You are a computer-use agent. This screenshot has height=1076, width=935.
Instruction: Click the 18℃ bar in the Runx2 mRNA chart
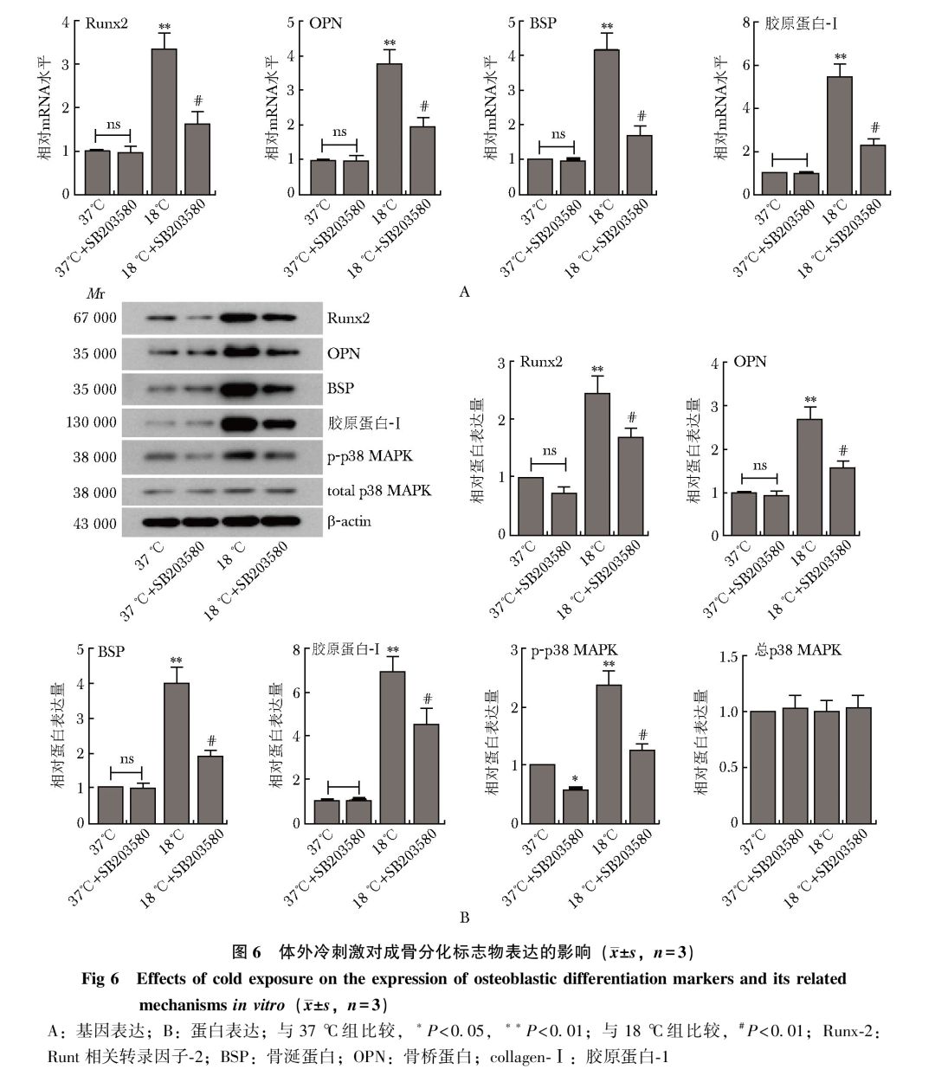(164, 121)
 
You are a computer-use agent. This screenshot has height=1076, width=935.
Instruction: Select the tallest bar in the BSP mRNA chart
(606, 121)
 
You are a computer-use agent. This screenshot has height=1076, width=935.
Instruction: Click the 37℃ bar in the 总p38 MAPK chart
(763, 767)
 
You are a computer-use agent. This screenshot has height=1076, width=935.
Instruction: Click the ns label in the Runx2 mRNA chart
(113, 125)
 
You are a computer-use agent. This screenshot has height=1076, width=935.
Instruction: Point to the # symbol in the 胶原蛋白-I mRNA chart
(874, 127)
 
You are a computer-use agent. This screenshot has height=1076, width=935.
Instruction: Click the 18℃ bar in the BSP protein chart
(177, 752)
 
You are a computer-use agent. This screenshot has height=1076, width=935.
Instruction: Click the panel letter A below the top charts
(465, 292)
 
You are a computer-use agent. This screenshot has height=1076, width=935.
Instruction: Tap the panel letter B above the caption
(465, 918)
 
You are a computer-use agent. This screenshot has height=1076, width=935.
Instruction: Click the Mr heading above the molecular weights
(95, 295)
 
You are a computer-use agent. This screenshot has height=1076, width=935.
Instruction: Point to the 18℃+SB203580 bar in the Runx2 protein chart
(630, 486)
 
